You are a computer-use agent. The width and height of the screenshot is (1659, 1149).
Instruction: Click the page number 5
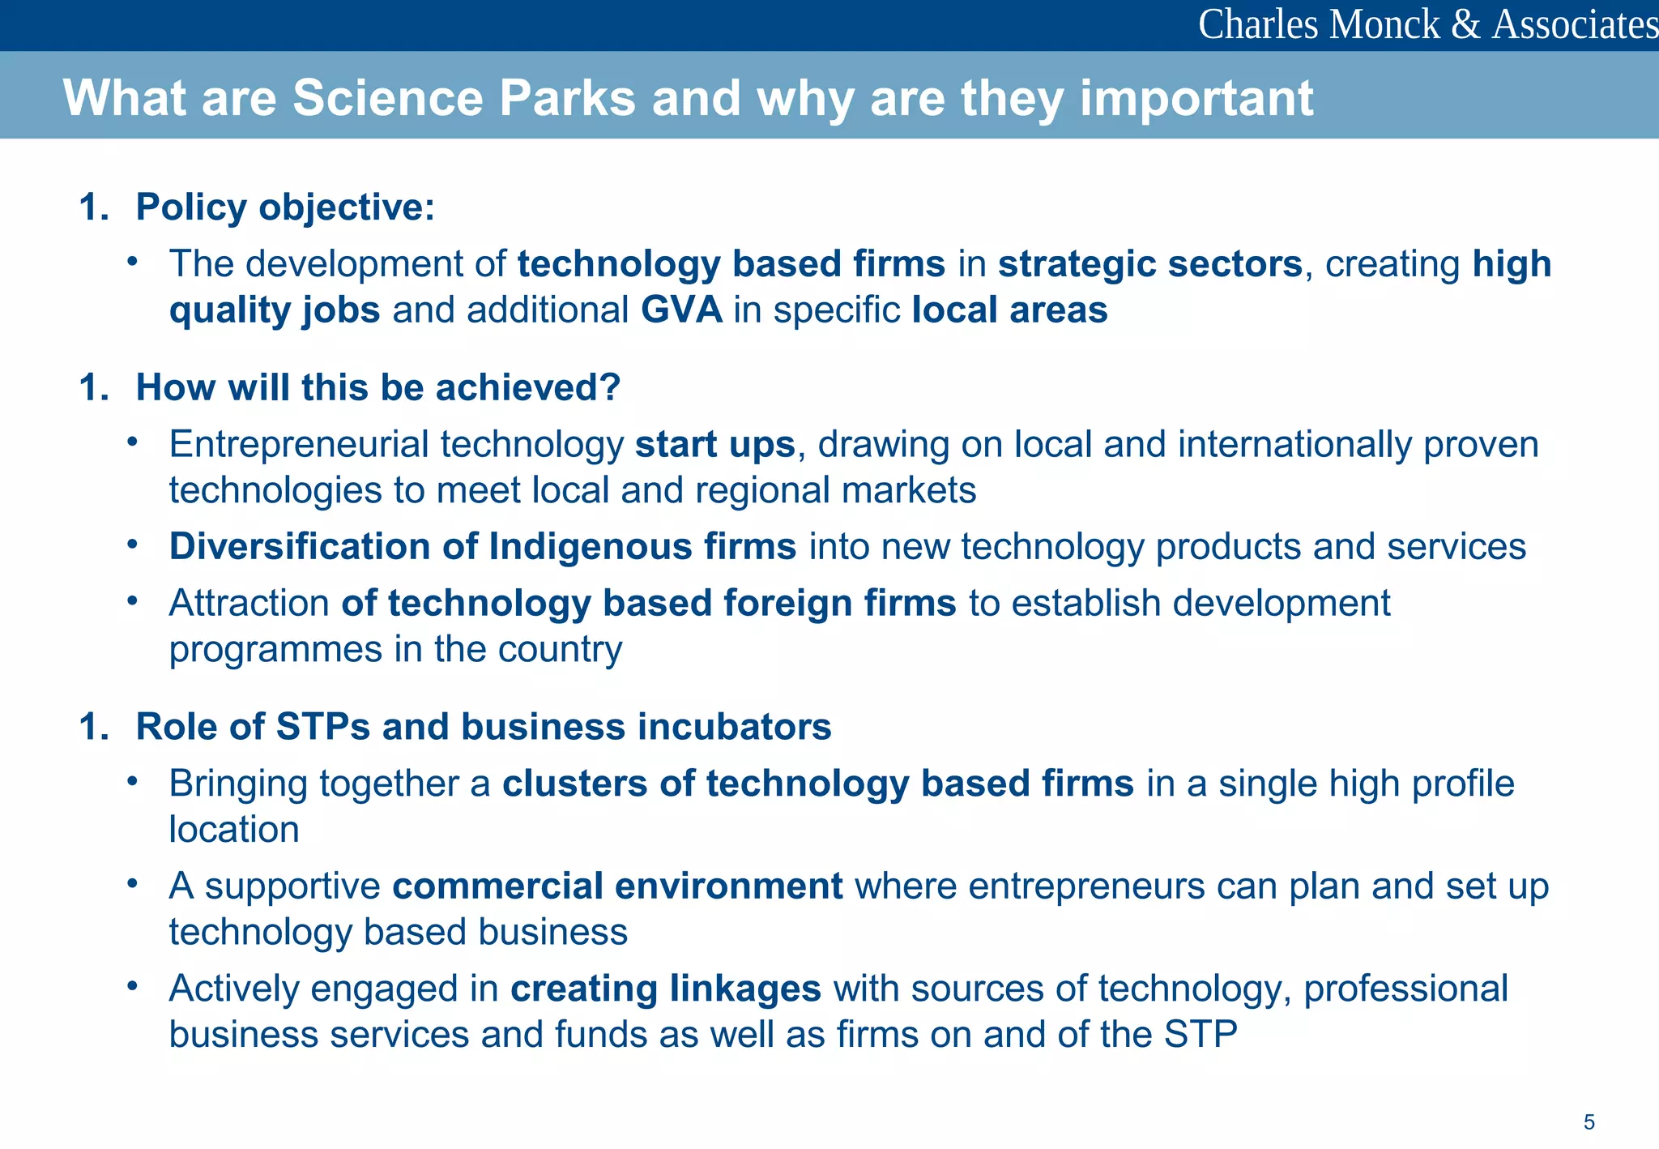1589,1122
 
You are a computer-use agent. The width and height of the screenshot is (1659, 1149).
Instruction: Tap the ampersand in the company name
1466,24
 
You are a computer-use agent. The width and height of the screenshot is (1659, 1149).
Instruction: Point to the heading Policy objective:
285,207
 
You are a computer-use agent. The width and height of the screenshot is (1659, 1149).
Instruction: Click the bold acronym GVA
681,310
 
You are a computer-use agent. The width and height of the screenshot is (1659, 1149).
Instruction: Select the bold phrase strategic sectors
1149,264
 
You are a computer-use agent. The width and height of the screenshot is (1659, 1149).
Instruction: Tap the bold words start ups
714,444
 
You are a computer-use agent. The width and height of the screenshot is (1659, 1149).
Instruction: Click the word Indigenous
591,546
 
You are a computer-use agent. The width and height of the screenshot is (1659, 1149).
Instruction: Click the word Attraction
249,603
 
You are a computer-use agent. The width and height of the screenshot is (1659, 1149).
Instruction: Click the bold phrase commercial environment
617,886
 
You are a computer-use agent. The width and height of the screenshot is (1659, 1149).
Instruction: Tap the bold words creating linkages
665,989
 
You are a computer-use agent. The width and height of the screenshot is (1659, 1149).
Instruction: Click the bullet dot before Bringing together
133,781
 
